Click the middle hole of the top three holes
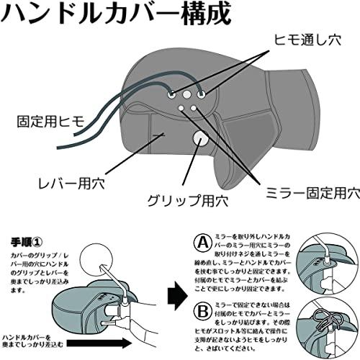[x=186, y=94]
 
